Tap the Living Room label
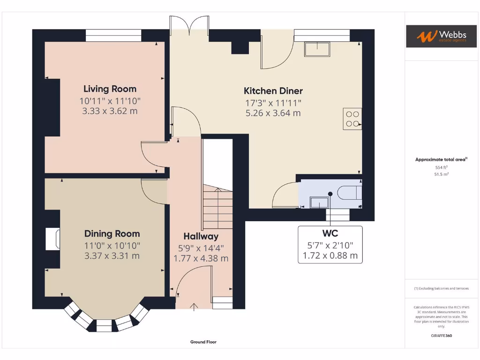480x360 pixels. pyautogui.click(x=110, y=89)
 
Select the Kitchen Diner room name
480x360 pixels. pyautogui.click(x=273, y=91)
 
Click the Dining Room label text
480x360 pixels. pyautogui.click(x=112, y=233)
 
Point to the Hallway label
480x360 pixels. pyautogui.click(x=201, y=236)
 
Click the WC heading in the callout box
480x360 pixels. pyautogui.click(x=330, y=233)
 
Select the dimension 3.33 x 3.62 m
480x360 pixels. pyautogui.click(x=110, y=111)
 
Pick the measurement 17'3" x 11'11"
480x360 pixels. pyautogui.click(x=273, y=102)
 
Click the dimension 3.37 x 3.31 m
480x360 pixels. pyautogui.click(x=112, y=256)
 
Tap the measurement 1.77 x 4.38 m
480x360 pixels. pyautogui.click(x=201, y=258)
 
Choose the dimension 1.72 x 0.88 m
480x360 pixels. pyautogui.click(x=330, y=255)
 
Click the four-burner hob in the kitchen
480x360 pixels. pyautogui.click(x=352, y=119)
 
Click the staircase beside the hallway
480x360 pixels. pyautogui.click(x=218, y=206)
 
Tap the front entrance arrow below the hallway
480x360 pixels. pyautogui.click(x=195, y=307)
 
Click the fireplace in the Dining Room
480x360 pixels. pyautogui.click(x=52, y=239)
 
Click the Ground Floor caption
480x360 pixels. pyautogui.click(x=203, y=342)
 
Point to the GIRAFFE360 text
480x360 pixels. pyautogui.click(x=441, y=336)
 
